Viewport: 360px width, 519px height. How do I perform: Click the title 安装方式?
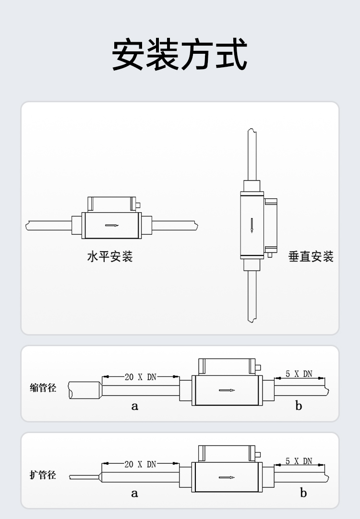(180, 55)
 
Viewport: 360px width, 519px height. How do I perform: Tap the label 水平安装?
(110, 256)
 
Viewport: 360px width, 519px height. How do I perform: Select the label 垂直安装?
(311, 256)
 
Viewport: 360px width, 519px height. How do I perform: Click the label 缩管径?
(43, 387)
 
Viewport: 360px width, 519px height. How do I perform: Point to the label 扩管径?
(43, 475)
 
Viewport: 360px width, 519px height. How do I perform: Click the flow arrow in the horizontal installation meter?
(112, 226)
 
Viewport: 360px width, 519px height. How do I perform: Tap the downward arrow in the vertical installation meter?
(252, 225)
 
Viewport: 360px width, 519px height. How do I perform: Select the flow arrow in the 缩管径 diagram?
(227, 390)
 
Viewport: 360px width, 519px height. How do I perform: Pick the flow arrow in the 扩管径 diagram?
(227, 477)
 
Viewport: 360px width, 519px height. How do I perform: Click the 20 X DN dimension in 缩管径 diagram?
(140, 377)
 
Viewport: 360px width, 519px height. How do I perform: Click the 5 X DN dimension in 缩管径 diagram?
(299, 374)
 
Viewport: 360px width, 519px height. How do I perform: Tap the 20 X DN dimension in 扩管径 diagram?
(140, 464)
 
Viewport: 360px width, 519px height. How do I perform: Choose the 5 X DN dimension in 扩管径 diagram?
(299, 461)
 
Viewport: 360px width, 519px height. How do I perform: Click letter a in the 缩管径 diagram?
(134, 406)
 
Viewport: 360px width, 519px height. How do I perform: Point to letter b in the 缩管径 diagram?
(299, 405)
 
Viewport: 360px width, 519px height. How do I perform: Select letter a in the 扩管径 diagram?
(134, 494)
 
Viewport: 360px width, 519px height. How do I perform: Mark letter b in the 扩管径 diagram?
(303, 493)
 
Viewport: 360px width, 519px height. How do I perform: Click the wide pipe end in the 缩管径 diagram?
(85, 390)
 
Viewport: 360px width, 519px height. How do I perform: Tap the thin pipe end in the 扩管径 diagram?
(85, 477)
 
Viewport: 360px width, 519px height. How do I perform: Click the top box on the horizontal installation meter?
(112, 204)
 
